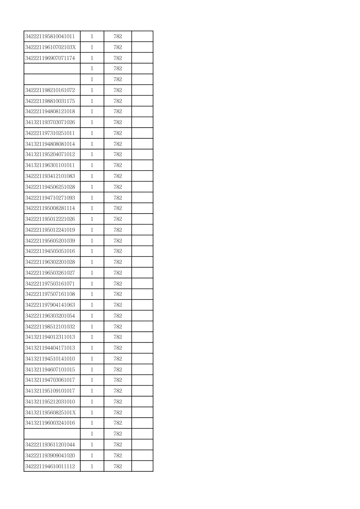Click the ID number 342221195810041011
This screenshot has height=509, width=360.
[50, 36]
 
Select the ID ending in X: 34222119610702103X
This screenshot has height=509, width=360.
[51, 47]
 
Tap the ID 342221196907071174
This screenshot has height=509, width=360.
[50, 58]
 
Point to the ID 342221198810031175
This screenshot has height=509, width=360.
[50, 101]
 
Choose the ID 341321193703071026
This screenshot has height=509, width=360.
[50, 122]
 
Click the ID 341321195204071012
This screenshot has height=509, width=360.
[50, 154]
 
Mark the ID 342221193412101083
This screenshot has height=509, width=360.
[50, 176]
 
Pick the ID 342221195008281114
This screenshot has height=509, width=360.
[50, 208]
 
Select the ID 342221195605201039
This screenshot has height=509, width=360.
[50, 241]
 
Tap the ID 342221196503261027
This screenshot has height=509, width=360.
[50, 273]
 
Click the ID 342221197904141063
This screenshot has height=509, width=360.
[50, 305]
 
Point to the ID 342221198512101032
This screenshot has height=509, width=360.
[50, 327]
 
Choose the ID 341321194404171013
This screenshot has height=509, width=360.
[50, 348]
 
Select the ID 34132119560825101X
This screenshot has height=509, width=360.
[51, 413]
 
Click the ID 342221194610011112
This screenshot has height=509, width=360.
[50, 466]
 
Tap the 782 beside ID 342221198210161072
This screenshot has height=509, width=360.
[118, 90]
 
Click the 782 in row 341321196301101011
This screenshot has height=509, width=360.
[118, 165]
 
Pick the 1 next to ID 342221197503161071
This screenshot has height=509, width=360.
[92, 284]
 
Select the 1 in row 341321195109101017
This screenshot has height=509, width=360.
[92, 391]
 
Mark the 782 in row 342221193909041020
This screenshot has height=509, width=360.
[118, 455]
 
